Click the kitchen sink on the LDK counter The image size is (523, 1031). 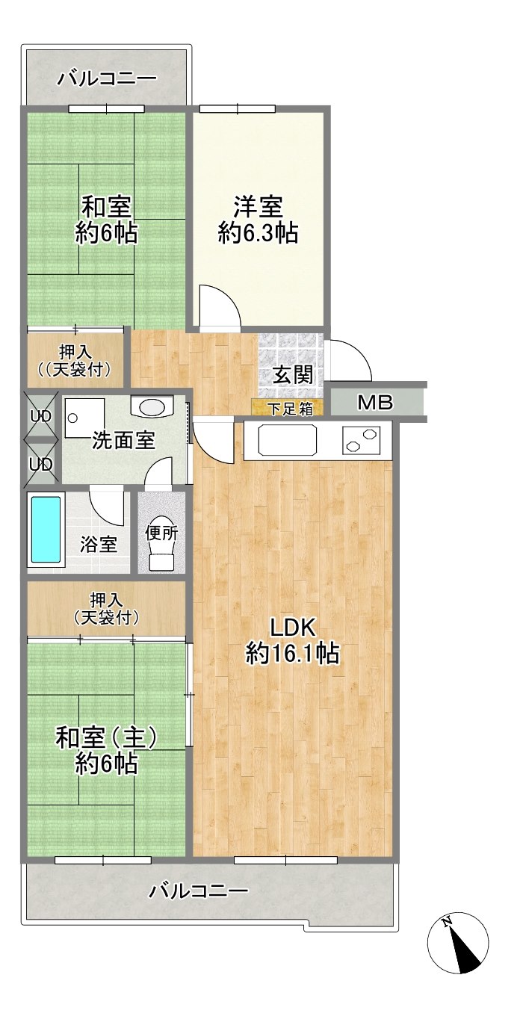(288, 439)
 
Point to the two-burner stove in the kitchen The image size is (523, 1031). (361, 440)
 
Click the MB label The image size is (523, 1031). (375, 403)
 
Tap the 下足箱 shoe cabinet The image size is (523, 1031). (288, 407)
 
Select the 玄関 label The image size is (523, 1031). (293, 374)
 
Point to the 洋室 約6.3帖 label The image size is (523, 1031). (258, 220)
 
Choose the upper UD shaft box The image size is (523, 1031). (41, 415)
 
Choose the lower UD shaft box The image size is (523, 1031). (41, 463)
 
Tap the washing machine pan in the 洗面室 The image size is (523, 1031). (84, 418)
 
